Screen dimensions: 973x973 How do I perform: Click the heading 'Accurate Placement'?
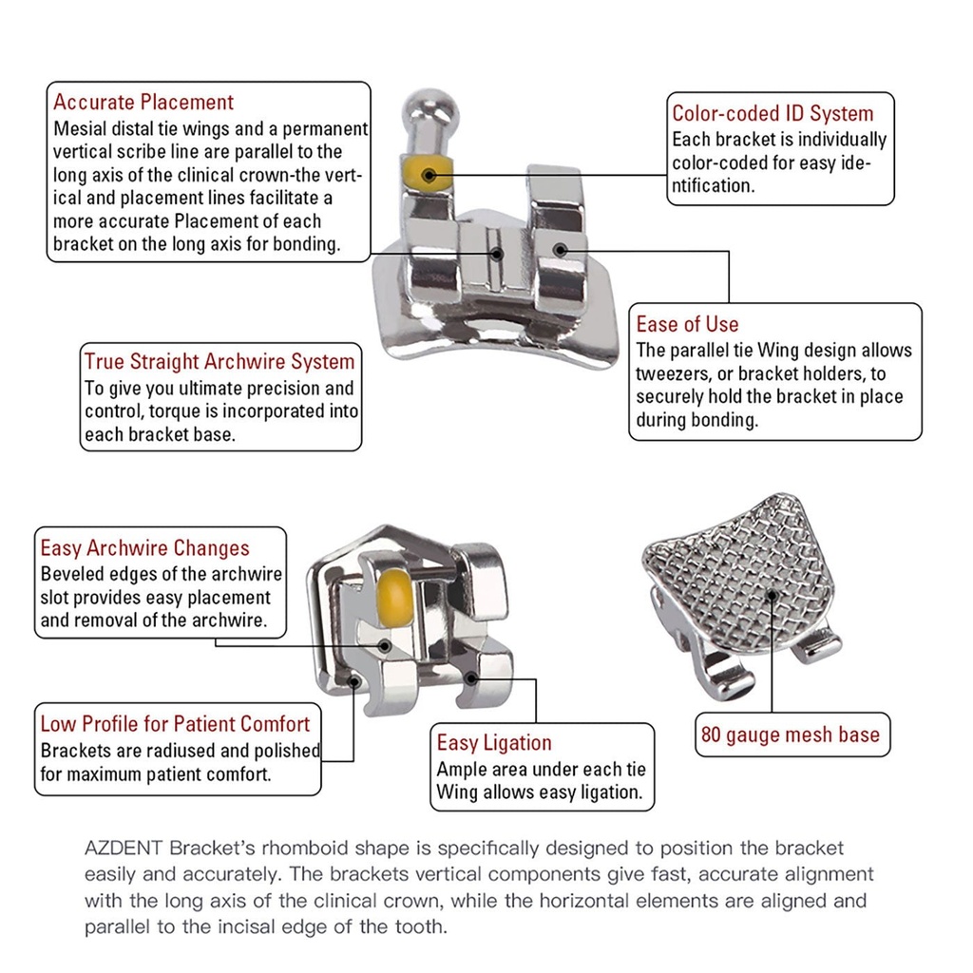143,102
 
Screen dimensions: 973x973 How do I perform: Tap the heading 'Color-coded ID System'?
773,113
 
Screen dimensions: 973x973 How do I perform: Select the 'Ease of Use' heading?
687,324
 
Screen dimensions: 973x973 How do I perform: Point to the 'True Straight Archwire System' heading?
219,361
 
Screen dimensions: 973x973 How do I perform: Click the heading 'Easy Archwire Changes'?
144,548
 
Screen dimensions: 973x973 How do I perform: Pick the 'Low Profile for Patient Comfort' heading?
175,724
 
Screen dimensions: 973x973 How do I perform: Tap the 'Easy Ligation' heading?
494,743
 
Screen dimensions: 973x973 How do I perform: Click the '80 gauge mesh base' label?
791,735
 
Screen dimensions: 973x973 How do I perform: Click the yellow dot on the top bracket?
427,174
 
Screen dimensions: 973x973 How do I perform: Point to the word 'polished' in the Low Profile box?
285,751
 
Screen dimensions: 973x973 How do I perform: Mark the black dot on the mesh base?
772,595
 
